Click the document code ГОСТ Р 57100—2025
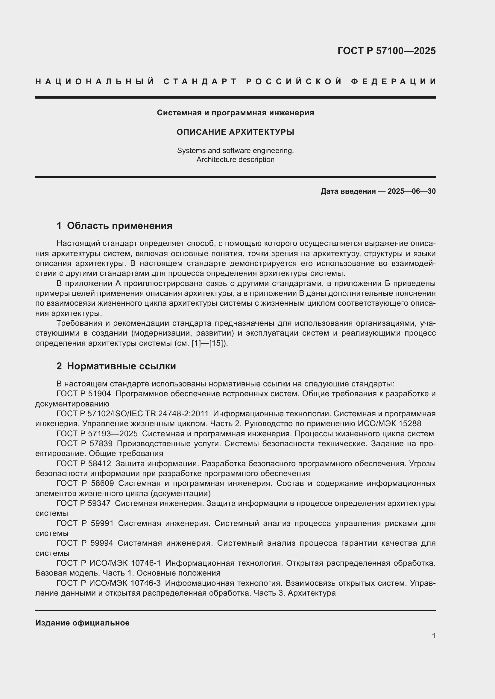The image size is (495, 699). pyautogui.click(x=386, y=51)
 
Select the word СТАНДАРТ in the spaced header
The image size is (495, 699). pyautogui.click(x=200, y=82)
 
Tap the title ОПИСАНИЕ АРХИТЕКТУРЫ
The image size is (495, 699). pyautogui.click(x=235, y=132)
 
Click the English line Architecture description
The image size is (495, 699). pyautogui.click(x=235, y=160)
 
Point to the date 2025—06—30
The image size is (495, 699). pyautogui.click(x=412, y=191)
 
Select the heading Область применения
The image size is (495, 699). pyautogui.click(x=119, y=226)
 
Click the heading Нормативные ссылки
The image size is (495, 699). pyautogui.click(x=121, y=366)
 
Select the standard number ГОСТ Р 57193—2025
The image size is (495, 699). pyautogui.click(x=97, y=434)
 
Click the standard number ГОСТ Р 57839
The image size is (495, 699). pyautogui.click(x=84, y=443)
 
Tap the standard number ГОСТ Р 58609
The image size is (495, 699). pyautogui.click(x=85, y=483)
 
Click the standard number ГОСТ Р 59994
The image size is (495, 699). pyautogui.click(x=85, y=543)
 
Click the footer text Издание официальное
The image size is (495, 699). pyautogui.click(x=82, y=622)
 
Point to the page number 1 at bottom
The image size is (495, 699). pyautogui.click(x=433, y=636)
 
